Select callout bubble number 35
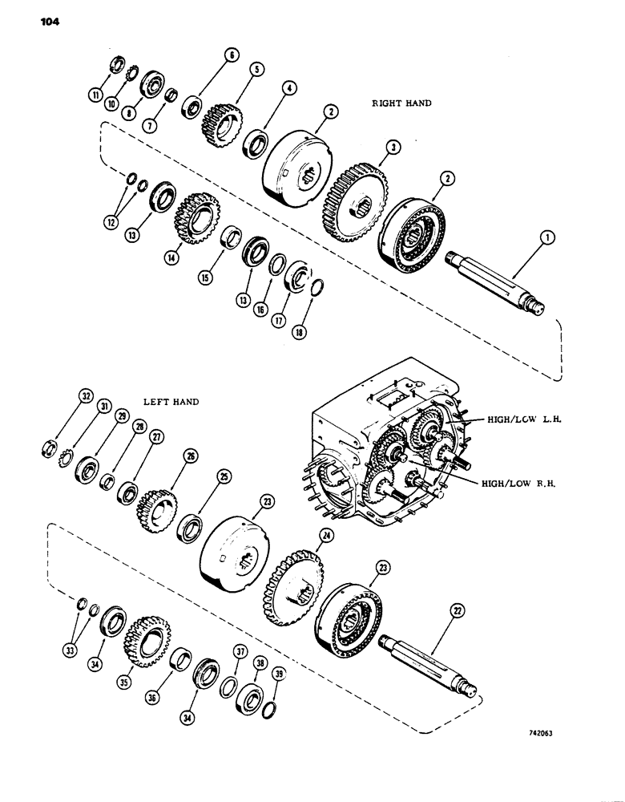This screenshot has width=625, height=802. [124, 683]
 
